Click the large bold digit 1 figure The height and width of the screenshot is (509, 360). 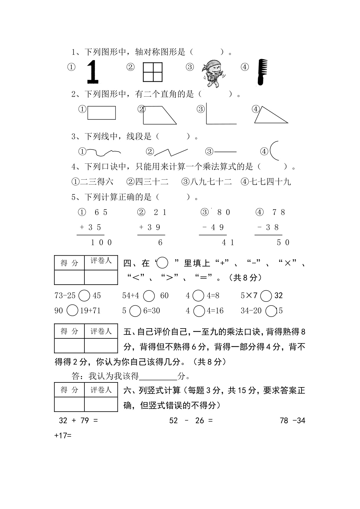pyautogui.click(x=93, y=72)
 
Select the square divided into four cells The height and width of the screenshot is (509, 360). pyautogui.click(x=153, y=72)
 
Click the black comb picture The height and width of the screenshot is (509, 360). pyautogui.click(x=261, y=72)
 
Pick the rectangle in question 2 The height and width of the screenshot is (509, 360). pyautogui.click(x=102, y=113)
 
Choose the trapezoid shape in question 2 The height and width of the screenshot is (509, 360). pyautogui.click(x=158, y=115)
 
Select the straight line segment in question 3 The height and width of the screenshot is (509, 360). pyautogui.click(x=225, y=152)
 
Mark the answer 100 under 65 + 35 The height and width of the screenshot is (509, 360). pyautogui.click(x=101, y=243)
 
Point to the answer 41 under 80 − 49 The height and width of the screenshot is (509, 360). pyautogui.click(x=228, y=243)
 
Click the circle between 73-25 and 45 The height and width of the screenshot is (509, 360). pyautogui.click(x=84, y=296)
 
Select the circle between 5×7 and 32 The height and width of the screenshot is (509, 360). pyautogui.click(x=266, y=296)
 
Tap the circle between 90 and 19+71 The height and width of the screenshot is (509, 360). pyautogui.click(x=73, y=311)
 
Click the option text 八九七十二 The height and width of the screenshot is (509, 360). pyautogui.click(x=211, y=182)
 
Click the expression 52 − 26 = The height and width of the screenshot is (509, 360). pyautogui.click(x=191, y=420)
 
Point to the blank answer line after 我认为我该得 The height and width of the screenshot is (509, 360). pyautogui.click(x=158, y=377)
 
